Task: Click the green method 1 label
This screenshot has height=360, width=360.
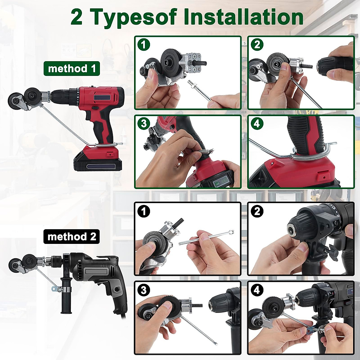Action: point(72,68)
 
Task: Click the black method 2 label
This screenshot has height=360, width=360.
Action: point(72,237)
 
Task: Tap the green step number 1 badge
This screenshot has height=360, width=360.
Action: point(144,45)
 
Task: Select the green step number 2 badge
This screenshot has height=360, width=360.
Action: point(257,45)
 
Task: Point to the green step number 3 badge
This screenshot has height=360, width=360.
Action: point(144,124)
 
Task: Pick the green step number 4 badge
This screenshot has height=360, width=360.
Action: point(257,124)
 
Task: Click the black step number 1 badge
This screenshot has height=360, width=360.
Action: point(144,211)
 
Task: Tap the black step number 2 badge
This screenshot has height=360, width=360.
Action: point(257,211)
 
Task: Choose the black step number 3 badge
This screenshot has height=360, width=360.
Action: point(144,290)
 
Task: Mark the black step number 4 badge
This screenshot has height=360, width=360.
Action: point(257,290)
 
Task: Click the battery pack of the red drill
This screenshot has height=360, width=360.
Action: point(97,161)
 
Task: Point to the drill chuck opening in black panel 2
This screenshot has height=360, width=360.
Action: point(292,230)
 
